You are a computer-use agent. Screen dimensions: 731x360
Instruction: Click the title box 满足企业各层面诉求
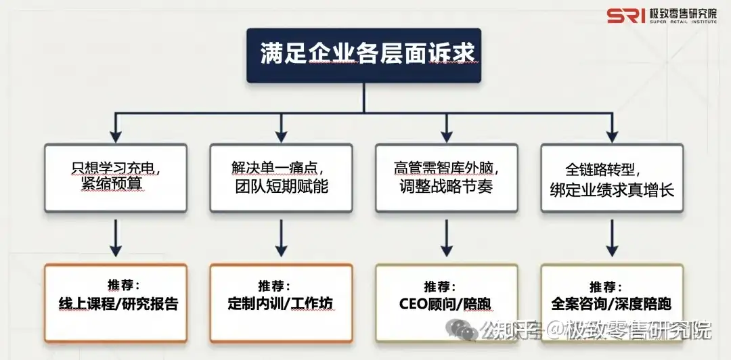[x=363, y=55]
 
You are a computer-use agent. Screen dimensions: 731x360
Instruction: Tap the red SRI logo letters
[x=625, y=16]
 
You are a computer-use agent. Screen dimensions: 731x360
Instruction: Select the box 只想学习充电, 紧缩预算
[x=116, y=177]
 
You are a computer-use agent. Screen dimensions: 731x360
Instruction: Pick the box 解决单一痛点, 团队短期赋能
[x=280, y=177]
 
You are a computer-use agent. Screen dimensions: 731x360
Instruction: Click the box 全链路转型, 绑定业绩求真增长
[x=612, y=177]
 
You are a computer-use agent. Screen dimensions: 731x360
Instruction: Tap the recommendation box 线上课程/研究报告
[x=116, y=302]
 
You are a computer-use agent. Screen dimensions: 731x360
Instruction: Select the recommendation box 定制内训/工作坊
[x=280, y=302]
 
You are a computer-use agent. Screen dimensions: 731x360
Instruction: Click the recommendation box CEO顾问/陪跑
[x=446, y=302]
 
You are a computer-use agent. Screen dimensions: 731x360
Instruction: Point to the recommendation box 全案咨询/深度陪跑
[x=612, y=302]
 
